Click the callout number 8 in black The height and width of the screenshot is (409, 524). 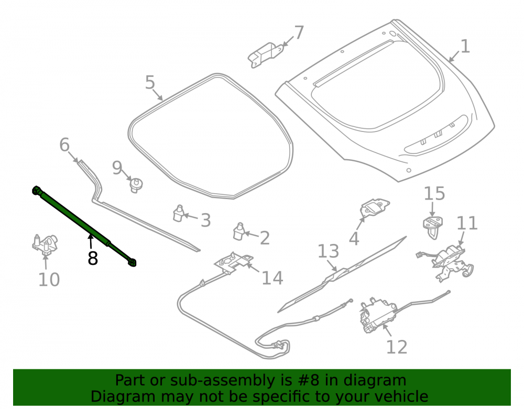pyautogui.click(x=93, y=258)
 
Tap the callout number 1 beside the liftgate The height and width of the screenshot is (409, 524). pyautogui.click(x=465, y=46)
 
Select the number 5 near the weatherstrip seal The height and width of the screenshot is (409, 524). pyautogui.click(x=150, y=82)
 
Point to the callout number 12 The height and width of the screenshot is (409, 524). pyautogui.click(x=397, y=347)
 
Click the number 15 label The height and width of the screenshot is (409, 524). pyautogui.click(x=434, y=193)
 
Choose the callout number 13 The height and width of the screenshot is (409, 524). pyautogui.click(x=328, y=251)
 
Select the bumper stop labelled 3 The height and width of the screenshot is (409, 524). pyautogui.click(x=179, y=213)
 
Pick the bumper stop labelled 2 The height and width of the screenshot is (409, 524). pyautogui.click(x=238, y=231)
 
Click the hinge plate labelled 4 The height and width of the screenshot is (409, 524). pyautogui.click(x=374, y=208)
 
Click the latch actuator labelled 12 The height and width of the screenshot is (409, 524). pyautogui.click(x=378, y=315)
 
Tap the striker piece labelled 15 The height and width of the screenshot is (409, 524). pyautogui.click(x=433, y=227)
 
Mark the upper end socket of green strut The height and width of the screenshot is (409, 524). pyautogui.click(x=36, y=190)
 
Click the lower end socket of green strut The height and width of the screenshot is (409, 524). pyautogui.click(x=133, y=262)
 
